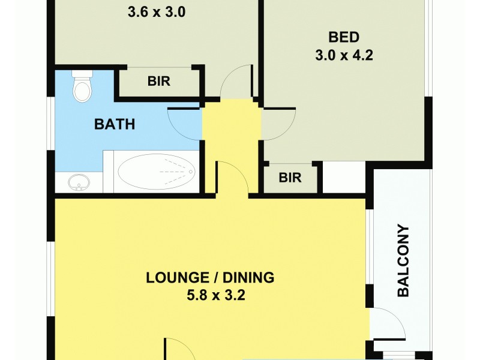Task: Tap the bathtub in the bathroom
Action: (x=156, y=172)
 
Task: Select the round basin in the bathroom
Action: (x=77, y=182)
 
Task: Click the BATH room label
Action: (x=115, y=125)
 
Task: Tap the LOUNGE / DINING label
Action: (x=210, y=278)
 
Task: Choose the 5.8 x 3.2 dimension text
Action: (x=210, y=296)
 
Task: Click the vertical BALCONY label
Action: (x=403, y=260)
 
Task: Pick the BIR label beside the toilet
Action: (x=159, y=82)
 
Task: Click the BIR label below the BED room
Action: (x=290, y=178)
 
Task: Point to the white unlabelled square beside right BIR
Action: (x=344, y=178)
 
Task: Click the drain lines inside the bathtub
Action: (x=177, y=172)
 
